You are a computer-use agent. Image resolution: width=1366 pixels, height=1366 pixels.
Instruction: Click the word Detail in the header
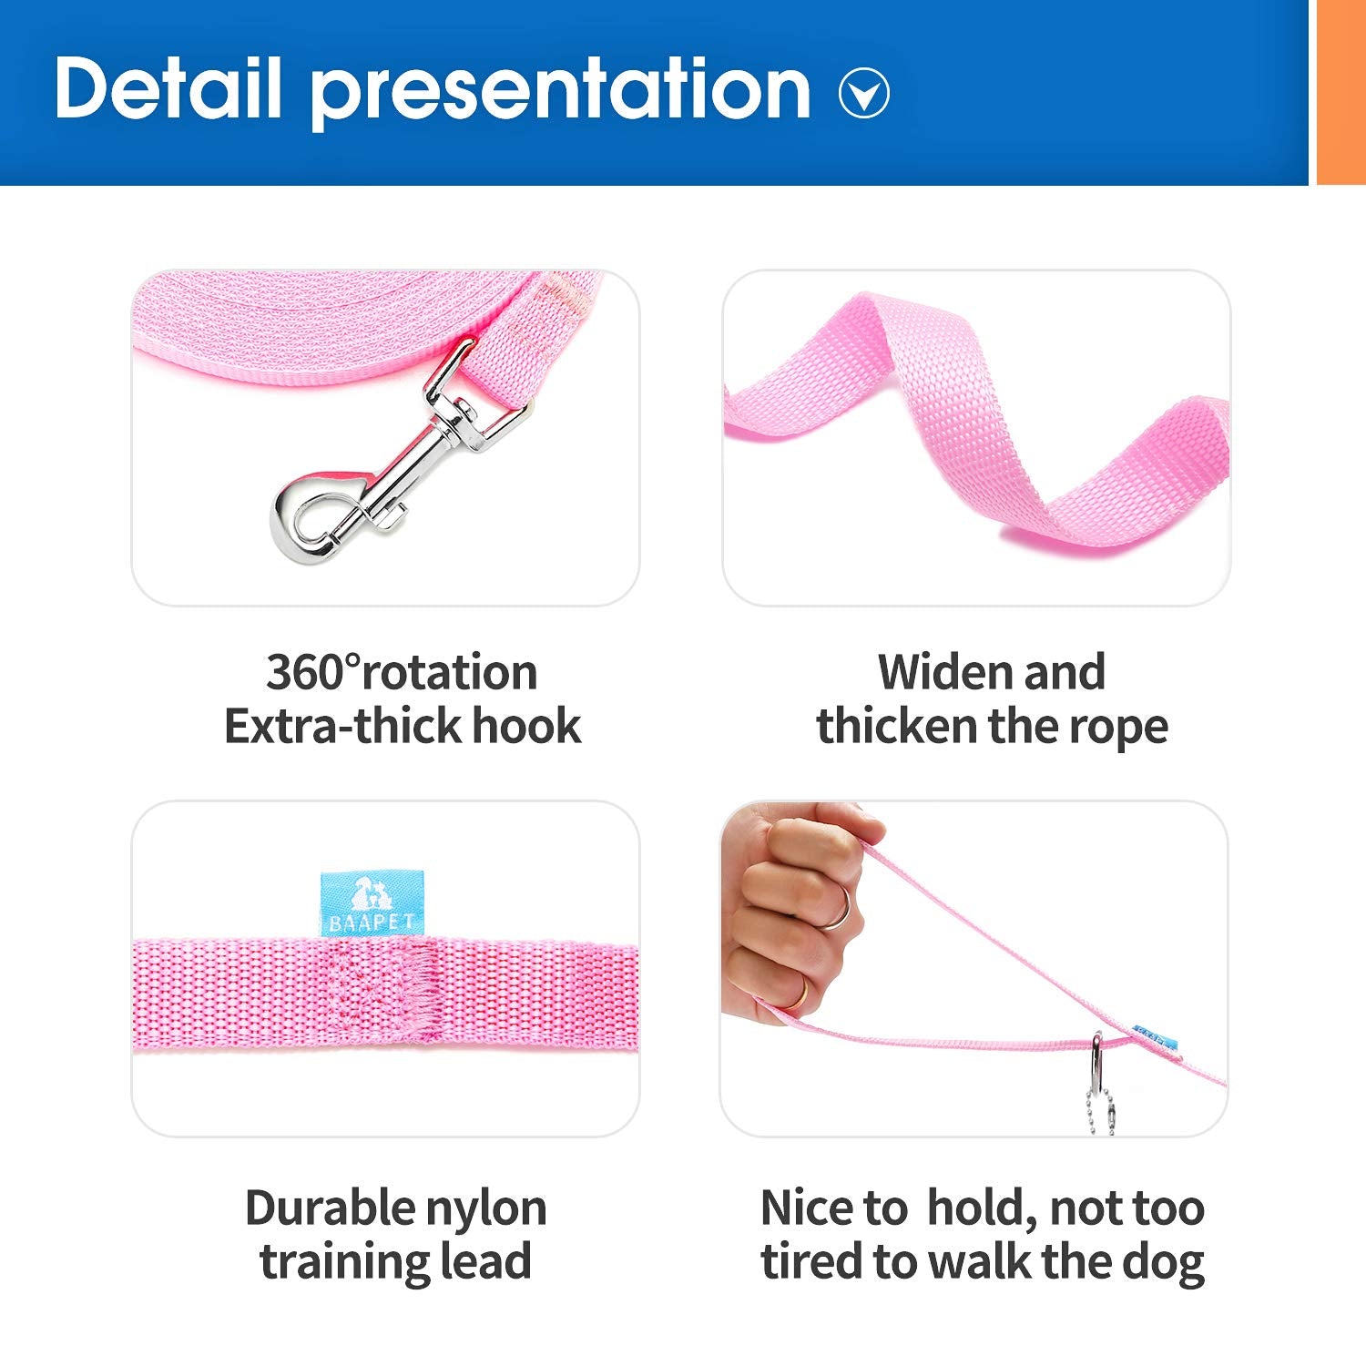click(x=168, y=88)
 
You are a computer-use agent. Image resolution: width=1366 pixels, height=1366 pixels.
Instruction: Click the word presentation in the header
click(x=560, y=91)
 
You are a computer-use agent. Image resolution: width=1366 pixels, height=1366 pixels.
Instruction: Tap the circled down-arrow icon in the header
click(x=863, y=93)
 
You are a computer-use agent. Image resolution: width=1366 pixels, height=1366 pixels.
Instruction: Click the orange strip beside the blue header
click(x=1341, y=91)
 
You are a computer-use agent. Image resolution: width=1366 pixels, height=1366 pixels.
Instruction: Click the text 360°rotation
click(x=402, y=673)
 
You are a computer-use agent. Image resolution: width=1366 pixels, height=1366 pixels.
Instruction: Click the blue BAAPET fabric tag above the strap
click(x=372, y=903)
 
